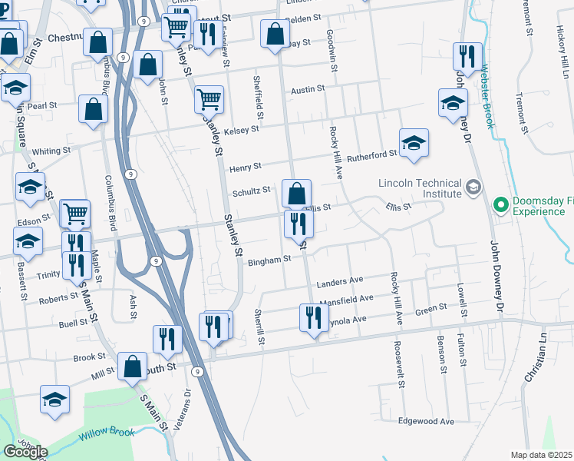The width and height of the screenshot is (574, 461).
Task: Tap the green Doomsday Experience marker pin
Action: coord(501,205)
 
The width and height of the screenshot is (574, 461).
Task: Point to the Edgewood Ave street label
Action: coord(427,421)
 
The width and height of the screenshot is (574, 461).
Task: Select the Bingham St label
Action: coord(269,260)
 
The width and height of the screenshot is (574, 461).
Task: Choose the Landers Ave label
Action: coord(338,280)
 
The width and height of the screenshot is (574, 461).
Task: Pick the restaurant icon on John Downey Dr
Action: coord(467,55)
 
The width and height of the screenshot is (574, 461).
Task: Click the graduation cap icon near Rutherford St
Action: coord(414,142)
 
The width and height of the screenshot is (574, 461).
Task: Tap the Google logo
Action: coord(25,452)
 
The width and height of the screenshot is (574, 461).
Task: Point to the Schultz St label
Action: coord(251,191)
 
